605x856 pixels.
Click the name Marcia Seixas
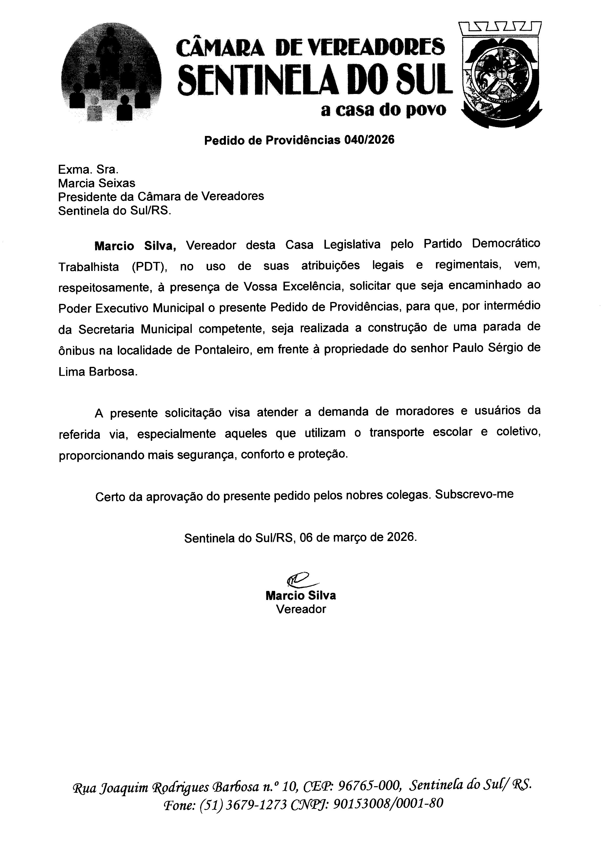tap(97, 183)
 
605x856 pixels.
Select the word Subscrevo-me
tap(474, 494)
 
